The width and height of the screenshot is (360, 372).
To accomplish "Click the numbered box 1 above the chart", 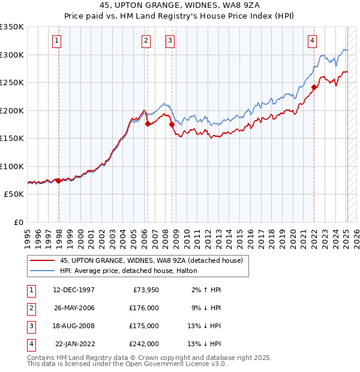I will [56, 41].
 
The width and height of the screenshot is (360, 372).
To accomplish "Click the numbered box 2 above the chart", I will [146, 41].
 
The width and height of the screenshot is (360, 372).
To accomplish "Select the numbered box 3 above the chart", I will [170, 41].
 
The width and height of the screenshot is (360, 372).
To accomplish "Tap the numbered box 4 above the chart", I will [313, 41].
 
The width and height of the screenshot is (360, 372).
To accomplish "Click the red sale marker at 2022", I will [314, 87].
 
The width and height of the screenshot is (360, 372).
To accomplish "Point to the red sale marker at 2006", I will [148, 124].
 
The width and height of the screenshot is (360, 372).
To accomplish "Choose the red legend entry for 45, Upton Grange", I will [151, 261].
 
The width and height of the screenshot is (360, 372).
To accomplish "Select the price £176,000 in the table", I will [144, 308].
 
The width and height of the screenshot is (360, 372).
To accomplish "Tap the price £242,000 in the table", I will [144, 344].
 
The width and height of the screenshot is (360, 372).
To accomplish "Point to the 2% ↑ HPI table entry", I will [207, 290].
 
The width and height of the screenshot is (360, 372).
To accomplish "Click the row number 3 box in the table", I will [30, 326].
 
